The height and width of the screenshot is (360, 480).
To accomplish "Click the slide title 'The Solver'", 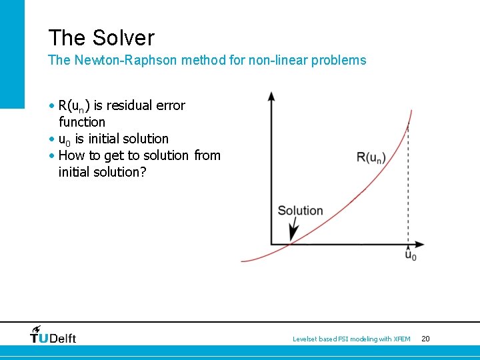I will point(101,38).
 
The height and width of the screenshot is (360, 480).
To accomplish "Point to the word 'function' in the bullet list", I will point(82,122).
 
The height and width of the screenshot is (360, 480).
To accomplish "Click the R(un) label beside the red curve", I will point(371,157).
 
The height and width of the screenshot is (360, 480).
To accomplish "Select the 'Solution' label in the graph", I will point(300,211).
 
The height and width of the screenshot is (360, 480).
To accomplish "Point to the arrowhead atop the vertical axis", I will point(271,96).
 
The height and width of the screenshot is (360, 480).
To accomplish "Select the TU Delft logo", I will point(53,335).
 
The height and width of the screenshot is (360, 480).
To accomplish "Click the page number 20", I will point(425,339).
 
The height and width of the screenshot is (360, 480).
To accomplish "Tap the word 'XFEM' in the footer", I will point(402,339).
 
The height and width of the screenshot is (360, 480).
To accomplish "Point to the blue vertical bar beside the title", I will point(12,53).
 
